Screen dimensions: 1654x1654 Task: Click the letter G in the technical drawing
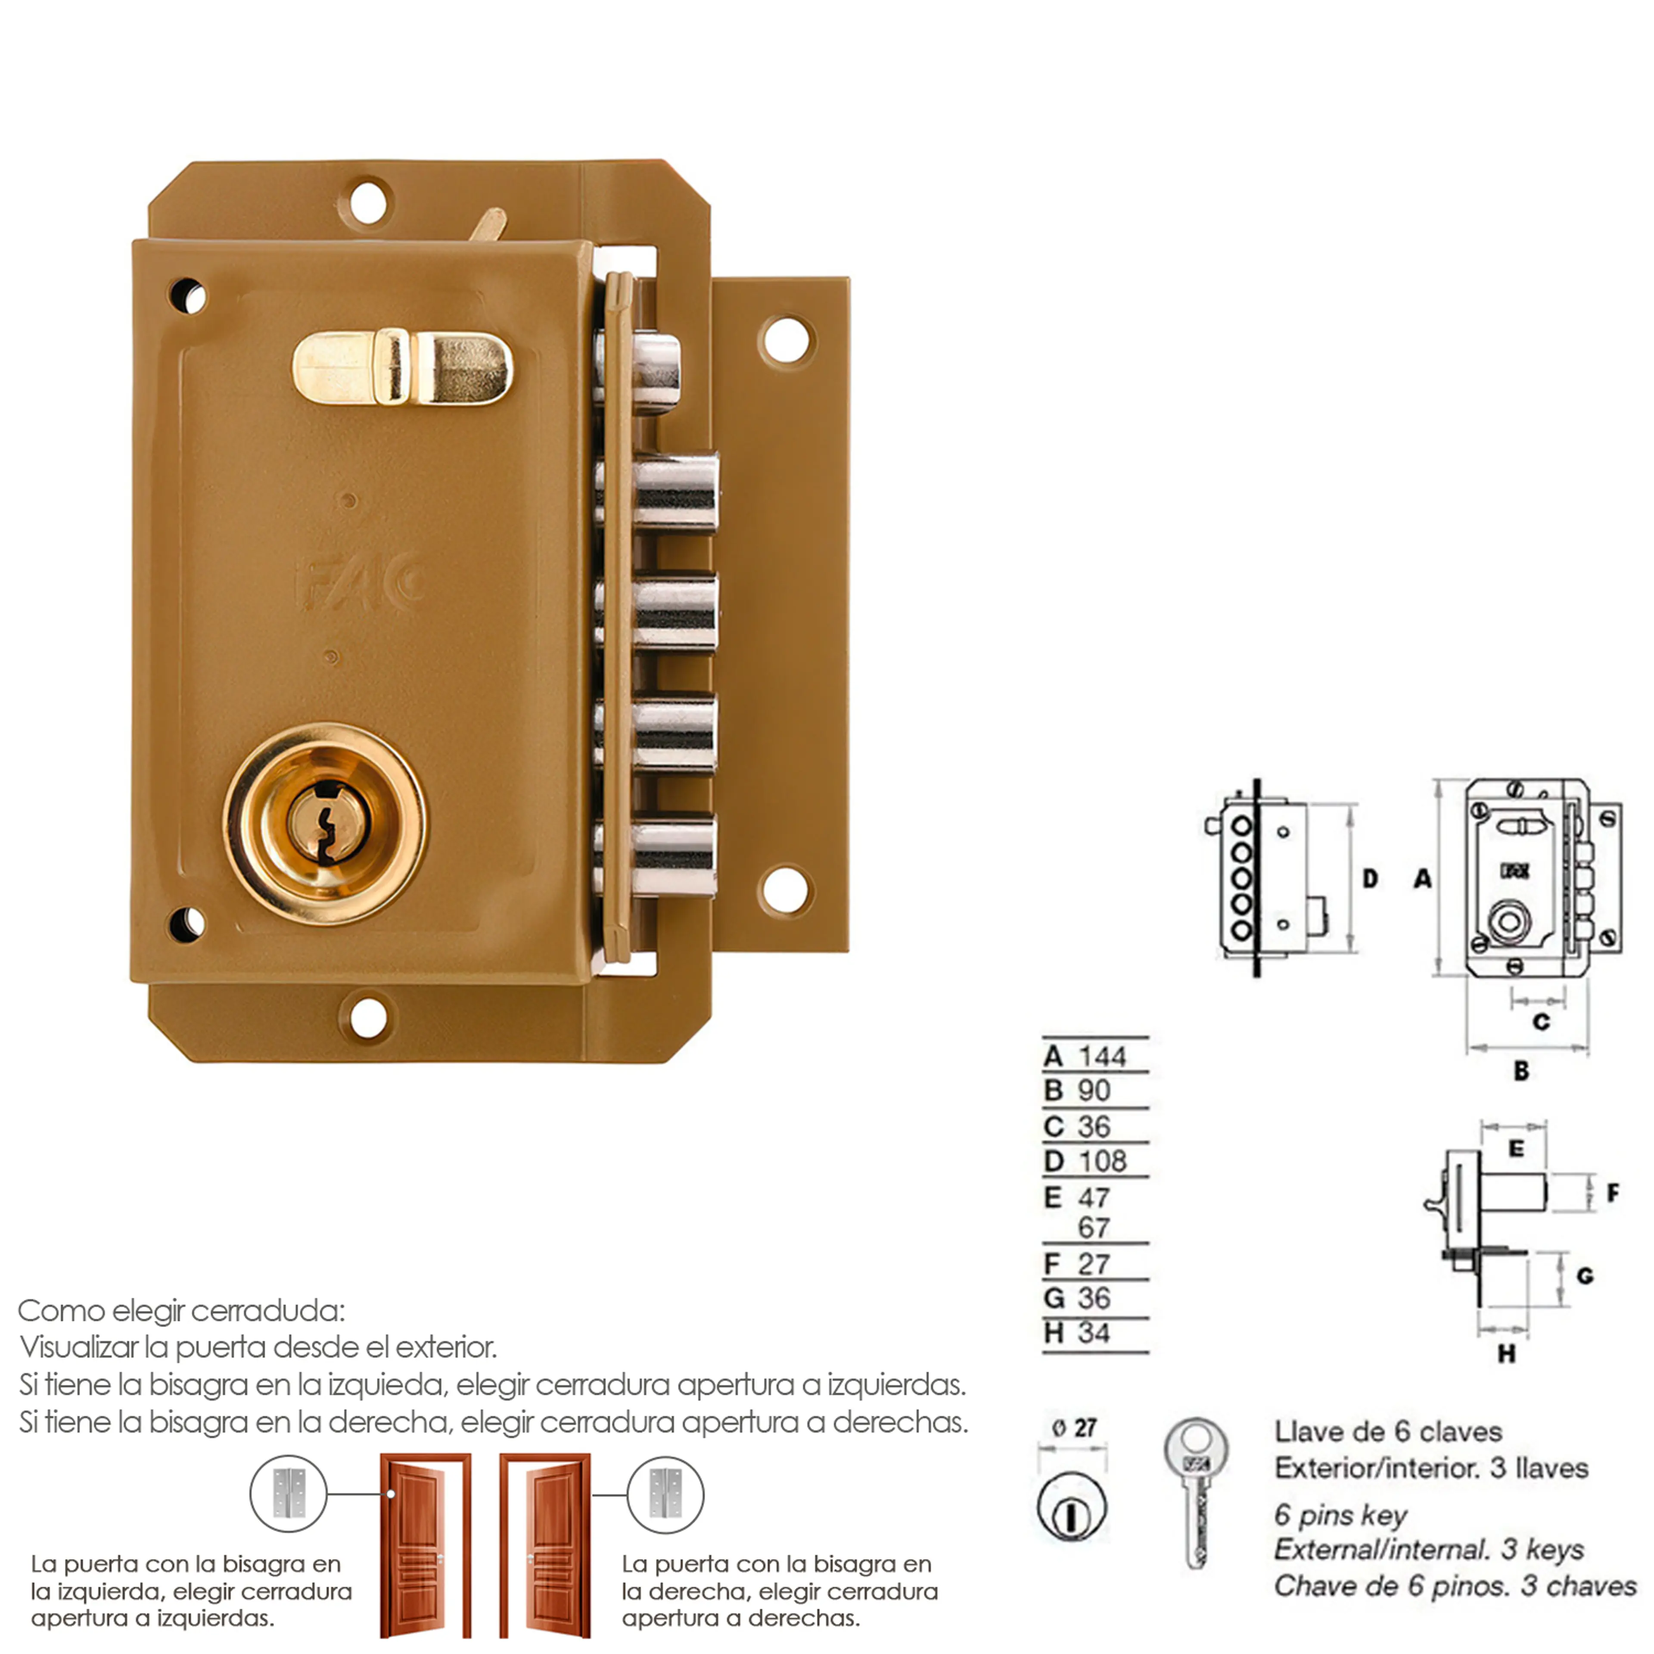[x=1585, y=1276]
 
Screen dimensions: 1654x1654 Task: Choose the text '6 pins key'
[x=1340, y=1515]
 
